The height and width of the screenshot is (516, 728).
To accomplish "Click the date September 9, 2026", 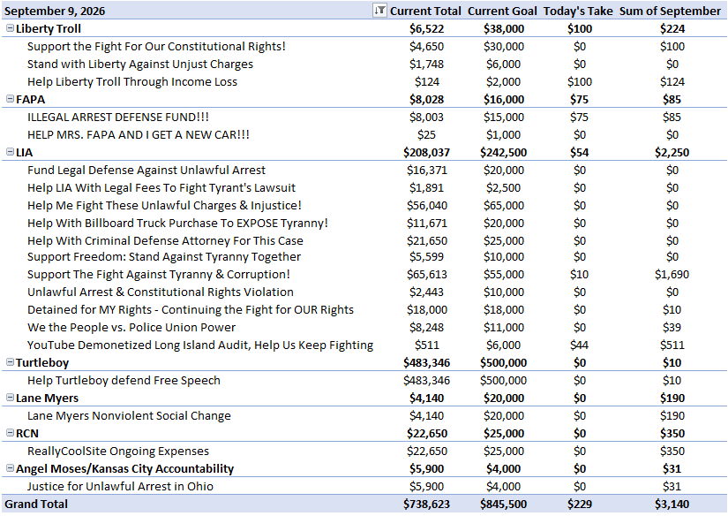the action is pyautogui.click(x=55, y=11).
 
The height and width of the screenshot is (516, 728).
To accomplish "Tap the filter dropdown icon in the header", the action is pyautogui.click(x=379, y=11).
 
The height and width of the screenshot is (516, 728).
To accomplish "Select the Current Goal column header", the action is pyautogui.click(x=502, y=11).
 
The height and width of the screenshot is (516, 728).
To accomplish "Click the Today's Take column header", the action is pyautogui.click(x=578, y=11).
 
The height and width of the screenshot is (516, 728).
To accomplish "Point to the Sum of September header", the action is pyautogui.click(x=670, y=11).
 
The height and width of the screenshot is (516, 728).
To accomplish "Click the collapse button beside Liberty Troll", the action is pyautogui.click(x=10, y=28).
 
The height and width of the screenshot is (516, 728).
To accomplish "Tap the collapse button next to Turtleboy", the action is pyautogui.click(x=10, y=362).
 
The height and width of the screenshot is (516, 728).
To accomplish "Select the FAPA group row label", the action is pyautogui.click(x=30, y=100).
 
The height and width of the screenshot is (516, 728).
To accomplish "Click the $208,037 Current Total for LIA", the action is pyautogui.click(x=427, y=153).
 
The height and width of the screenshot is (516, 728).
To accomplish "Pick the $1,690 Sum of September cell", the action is pyautogui.click(x=672, y=274).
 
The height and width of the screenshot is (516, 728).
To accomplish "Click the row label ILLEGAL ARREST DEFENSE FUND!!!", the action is pyautogui.click(x=118, y=118).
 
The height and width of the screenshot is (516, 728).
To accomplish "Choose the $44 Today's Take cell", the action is pyautogui.click(x=580, y=345).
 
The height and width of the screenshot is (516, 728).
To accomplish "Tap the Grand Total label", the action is pyautogui.click(x=36, y=504).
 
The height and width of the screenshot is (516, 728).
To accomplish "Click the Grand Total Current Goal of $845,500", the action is pyautogui.click(x=504, y=504).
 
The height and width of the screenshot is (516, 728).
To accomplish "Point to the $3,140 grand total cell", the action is pyautogui.click(x=672, y=504).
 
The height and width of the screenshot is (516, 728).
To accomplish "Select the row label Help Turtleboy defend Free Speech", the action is pyautogui.click(x=124, y=380).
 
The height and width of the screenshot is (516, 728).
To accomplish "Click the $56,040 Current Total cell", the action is pyautogui.click(x=427, y=206).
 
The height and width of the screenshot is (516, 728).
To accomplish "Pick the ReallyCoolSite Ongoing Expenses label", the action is pyautogui.click(x=118, y=451).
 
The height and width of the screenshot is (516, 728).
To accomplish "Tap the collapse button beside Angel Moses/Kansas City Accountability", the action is pyautogui.click(x=10, y=468).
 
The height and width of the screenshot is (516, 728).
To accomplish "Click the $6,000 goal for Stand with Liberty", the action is pyautogui.click(x=504, y=64).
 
